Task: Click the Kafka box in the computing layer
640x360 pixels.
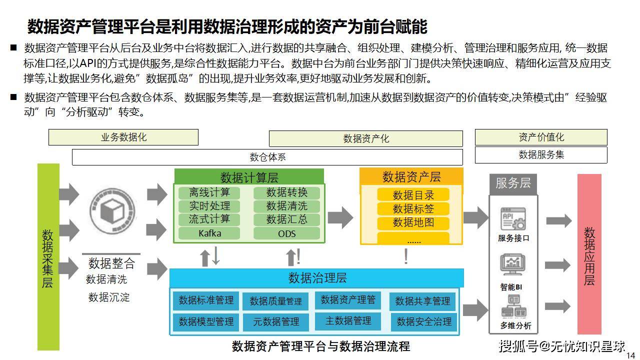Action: coord(209,233)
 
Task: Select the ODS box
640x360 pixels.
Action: coord(286,233)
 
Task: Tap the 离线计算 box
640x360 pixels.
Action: coord(209,192)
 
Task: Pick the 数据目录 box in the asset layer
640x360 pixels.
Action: coord(413,195)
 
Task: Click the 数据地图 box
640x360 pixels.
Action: coord(413,222)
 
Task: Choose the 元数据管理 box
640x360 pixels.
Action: coord(275,322)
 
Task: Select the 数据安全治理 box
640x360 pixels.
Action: coord(424,322)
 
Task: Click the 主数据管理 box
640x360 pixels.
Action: coord(348,321)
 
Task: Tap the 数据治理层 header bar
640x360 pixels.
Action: coord(317,278)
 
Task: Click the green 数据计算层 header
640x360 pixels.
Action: coord(249,177)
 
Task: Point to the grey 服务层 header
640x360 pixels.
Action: coord(512,183)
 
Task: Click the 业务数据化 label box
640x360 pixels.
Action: coord(123,137)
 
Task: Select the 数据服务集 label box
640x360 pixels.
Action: coord(541,155)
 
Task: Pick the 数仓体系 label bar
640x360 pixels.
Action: coord(267,157)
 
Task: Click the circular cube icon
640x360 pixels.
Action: coord(111,210)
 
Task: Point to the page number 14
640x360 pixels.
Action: coord(630,355)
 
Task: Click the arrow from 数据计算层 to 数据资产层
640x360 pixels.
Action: coord(340,216)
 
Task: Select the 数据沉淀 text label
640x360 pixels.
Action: coord(109,297)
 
